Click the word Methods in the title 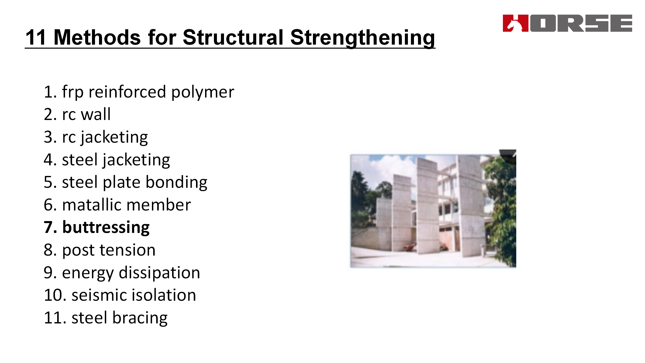click(x=97, y=37)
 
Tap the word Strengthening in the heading click(x=363, y=38)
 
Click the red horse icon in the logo click(x=515, y=23)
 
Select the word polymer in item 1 click(x=203, y=92)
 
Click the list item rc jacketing click(x=96, y=137)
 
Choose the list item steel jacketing click(x=107, y=160)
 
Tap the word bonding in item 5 click(x=176, y=183)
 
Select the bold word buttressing click(x=106, y=228)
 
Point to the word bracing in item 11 click(x=140, y=318)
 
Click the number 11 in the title click(x=36, y=37)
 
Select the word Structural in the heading click(x=233, y=37)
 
